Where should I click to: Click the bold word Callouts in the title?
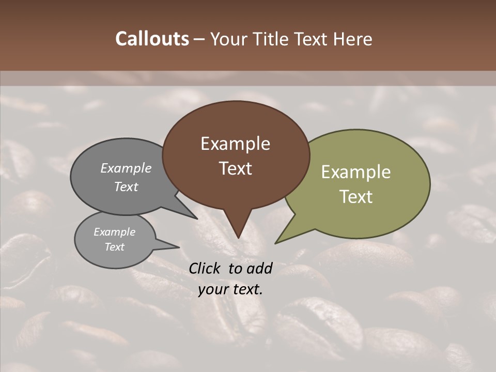tap(152, 39)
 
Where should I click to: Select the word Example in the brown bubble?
tap(235, 144)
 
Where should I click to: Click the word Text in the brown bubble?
tap(235, 168)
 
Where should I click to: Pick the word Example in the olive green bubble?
tap(355, 172)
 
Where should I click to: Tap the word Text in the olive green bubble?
tap(355, 197)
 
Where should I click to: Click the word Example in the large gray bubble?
tap(126, 168)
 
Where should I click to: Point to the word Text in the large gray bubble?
tap(126, 187)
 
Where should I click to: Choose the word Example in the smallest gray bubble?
tap(114, 232)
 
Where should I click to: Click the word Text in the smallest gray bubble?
tap(114, 247)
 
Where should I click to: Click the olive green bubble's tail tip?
tap(275, 243)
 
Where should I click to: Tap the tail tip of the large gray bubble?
tap(197, 219)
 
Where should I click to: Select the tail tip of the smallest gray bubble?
tap(179, 247)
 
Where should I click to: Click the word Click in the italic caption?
tap(205, 268)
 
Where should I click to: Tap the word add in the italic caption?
tap(259, 268)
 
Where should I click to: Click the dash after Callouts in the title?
tap(199, 39)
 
